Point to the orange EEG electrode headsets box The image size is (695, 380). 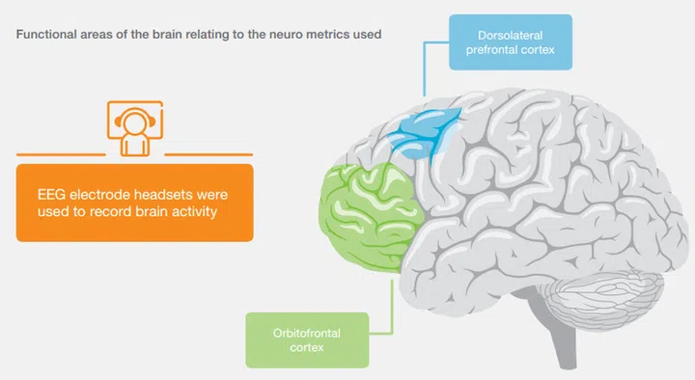[134, 202]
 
